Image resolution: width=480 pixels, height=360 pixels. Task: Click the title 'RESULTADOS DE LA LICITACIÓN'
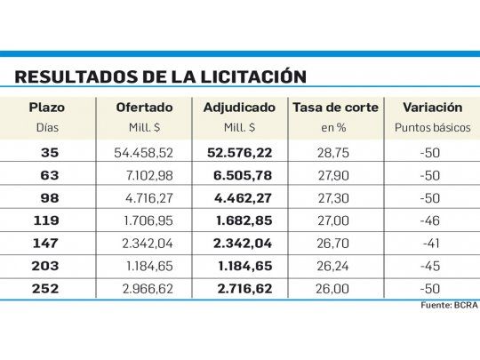tap(160, 76)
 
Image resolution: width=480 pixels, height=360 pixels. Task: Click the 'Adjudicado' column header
tap(240, 108)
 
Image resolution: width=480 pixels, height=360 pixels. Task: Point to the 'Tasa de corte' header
tap(335, 108)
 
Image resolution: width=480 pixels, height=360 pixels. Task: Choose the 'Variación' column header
tap(432, 108)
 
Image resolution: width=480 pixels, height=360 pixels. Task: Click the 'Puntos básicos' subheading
tap(432, 127)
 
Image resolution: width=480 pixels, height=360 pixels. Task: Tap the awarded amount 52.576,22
tap(241, 153)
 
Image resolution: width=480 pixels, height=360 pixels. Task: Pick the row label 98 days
tap(50, 198)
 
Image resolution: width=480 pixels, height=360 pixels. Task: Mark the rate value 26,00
tap(335, 288)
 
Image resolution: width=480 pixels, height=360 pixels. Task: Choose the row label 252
tap(50, 288)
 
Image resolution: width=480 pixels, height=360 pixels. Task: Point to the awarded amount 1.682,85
tap(244, 220)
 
